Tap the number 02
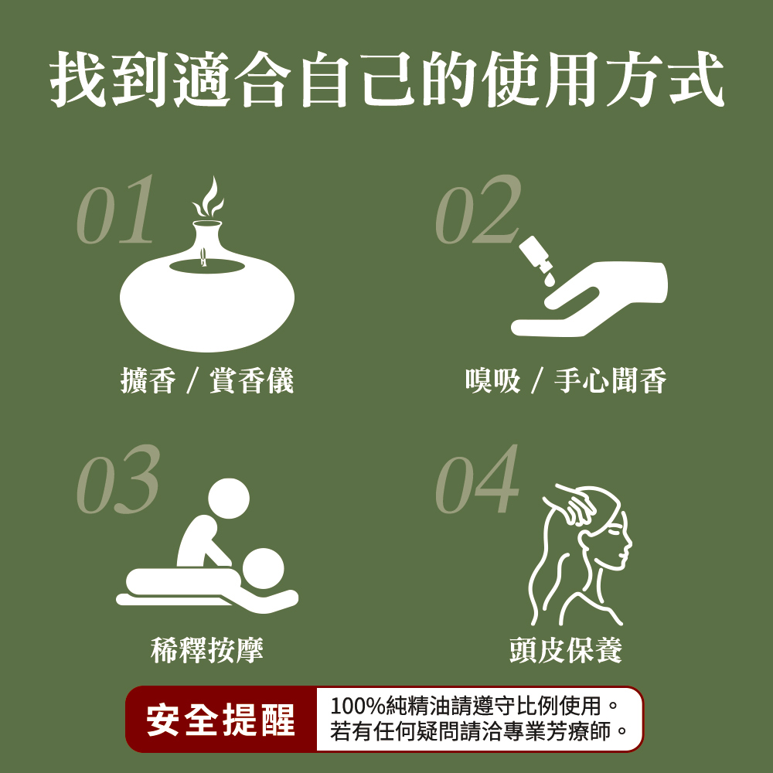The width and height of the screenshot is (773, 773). (478, 210)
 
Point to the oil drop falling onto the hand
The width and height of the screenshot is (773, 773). (549, 280)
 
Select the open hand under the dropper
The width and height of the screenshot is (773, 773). (589, 299)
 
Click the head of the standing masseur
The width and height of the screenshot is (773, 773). (229, 499)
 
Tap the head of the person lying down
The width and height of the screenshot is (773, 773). (264, 568)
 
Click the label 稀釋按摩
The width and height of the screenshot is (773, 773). (207, 650)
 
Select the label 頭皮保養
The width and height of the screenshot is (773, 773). (566, 650)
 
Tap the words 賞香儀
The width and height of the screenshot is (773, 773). (251, 380)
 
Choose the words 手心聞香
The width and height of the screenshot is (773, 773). (611, 380)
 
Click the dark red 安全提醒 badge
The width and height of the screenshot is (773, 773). (221, 720)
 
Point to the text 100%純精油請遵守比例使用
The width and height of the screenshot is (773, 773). (466, 706)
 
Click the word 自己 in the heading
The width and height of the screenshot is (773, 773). (357, 79)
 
